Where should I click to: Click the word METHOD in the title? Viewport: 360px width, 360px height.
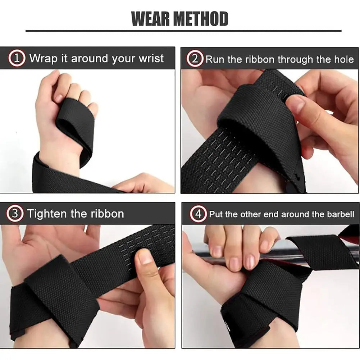click(204, 19)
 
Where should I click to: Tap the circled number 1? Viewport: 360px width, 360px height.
click(17, 58)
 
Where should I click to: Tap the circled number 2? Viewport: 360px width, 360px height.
click(195, 59)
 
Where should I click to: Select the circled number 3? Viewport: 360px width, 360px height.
click(15, 214)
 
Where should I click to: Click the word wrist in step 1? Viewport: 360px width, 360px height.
click(151, 58)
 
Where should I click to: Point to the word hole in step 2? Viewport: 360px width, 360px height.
click(344, 59)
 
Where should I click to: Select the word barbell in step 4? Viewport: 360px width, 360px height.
click(341, 215)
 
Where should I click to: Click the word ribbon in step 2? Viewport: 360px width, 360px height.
click(256, 59)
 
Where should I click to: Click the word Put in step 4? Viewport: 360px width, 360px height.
click(215, 215)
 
